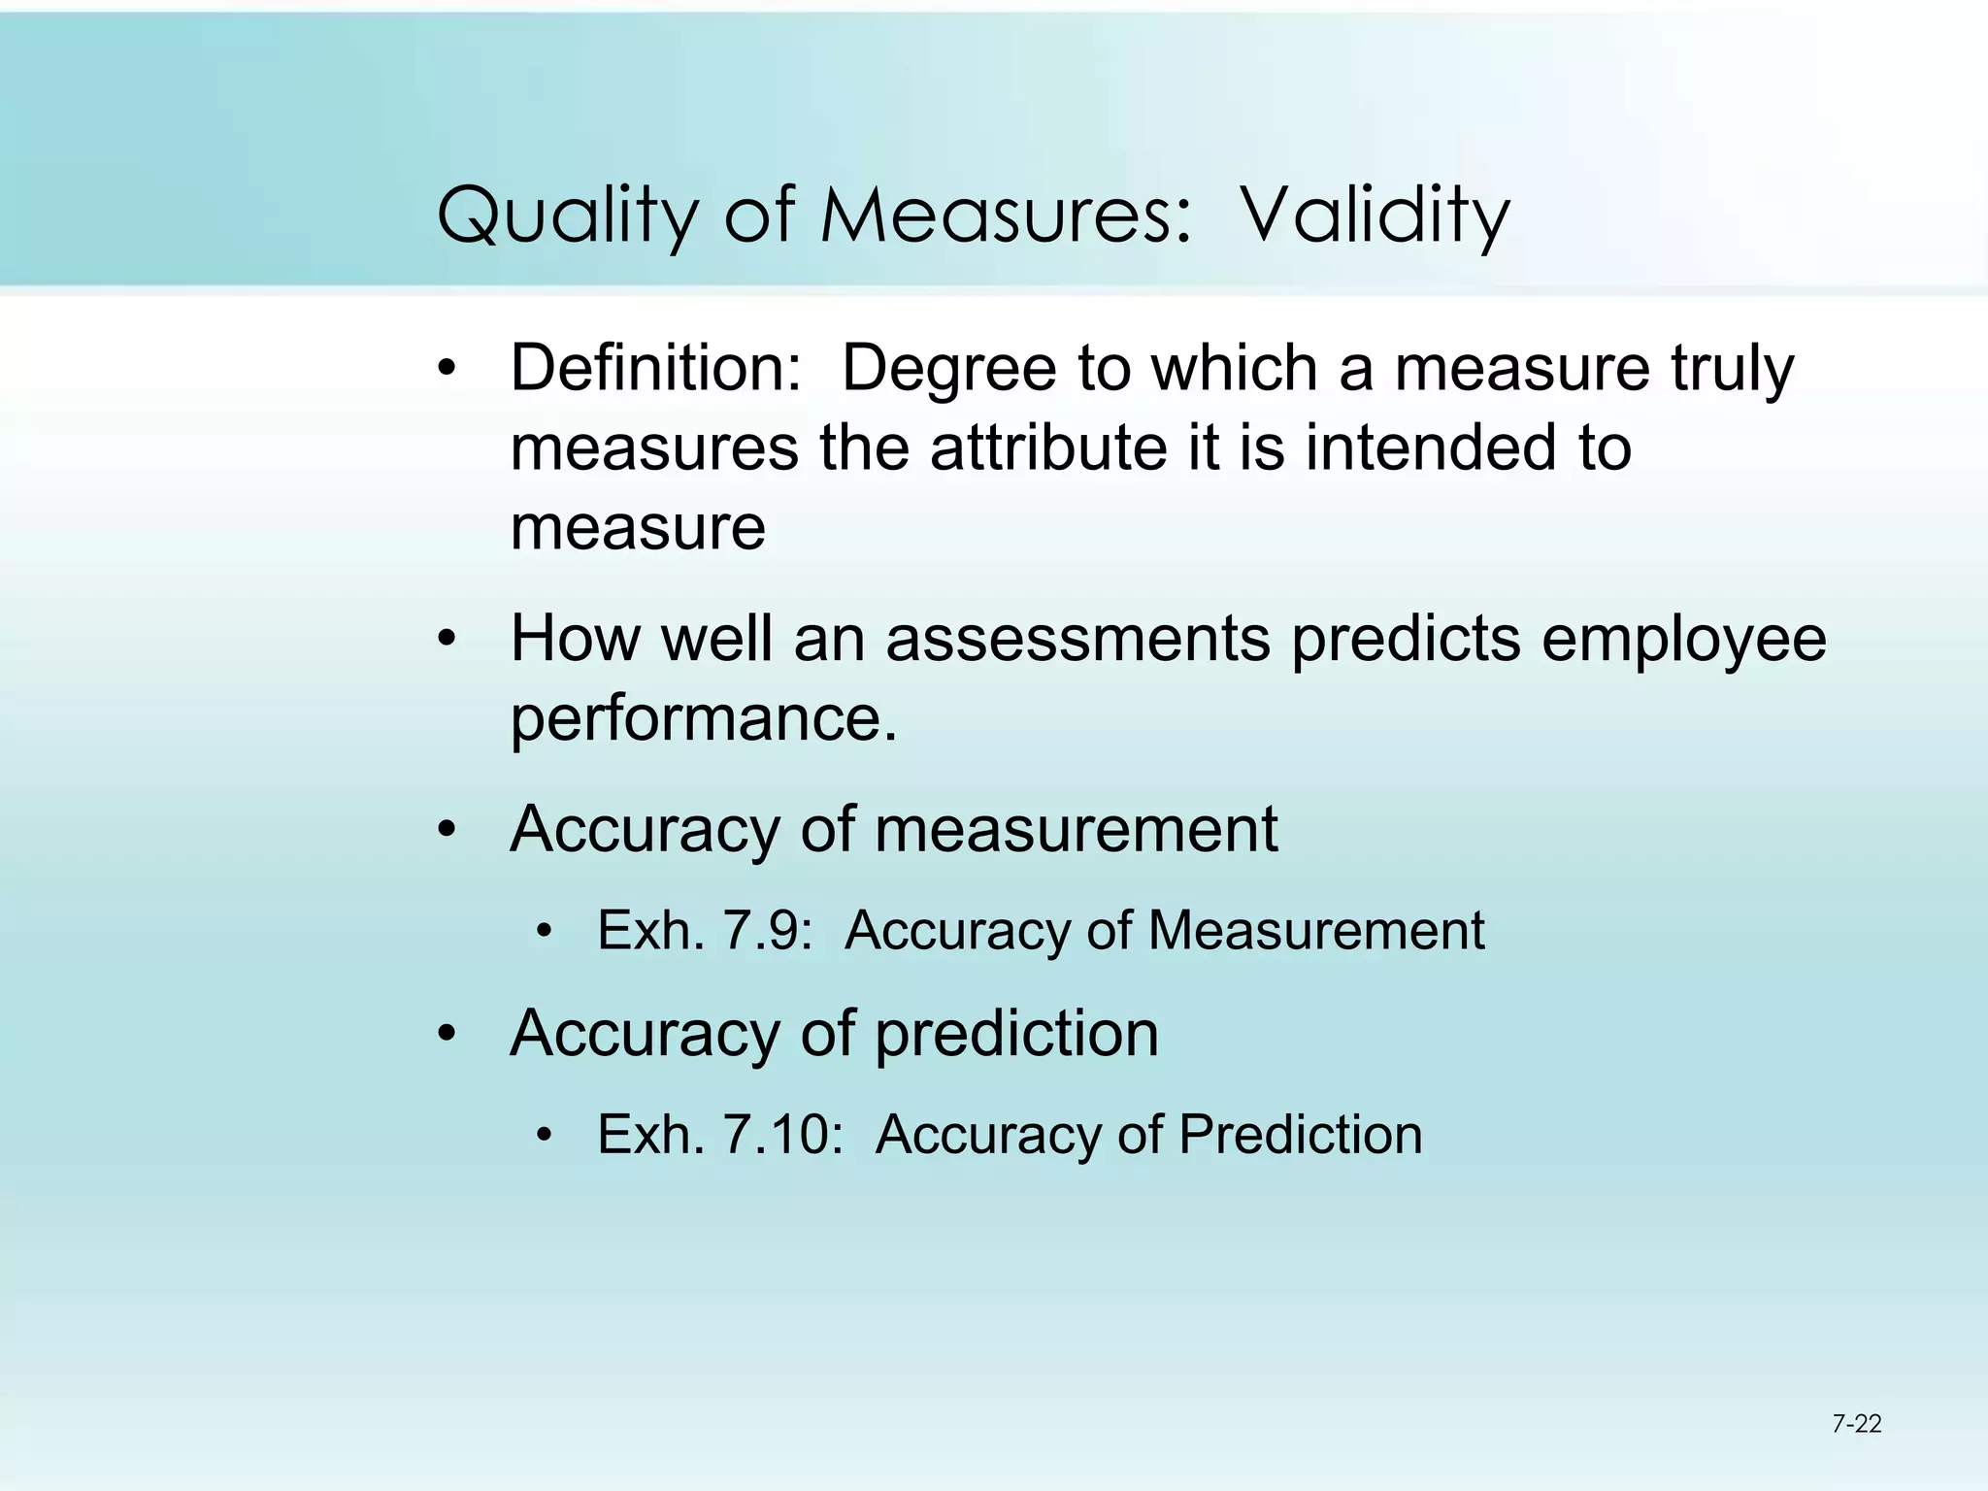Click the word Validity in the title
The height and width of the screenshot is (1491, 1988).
click(1375, 215)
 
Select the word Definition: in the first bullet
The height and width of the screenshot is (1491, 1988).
click(656, 369)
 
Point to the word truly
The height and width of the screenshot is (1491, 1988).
click(1732, 369)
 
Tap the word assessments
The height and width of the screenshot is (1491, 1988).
click(1077, 639)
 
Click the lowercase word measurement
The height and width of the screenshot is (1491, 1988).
click(1076, 830)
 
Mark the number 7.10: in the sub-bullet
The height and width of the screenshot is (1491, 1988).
click(783, 1134)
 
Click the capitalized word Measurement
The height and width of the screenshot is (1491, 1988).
click(1316, 930)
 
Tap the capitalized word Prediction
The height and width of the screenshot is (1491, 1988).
click(1300, 1134)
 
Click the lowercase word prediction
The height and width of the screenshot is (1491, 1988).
click(1016, 1034)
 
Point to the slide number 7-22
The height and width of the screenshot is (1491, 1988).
click(1856, 1425)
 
